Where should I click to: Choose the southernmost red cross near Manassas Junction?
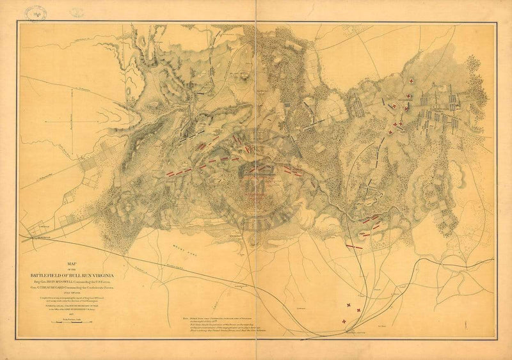point(345,321)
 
